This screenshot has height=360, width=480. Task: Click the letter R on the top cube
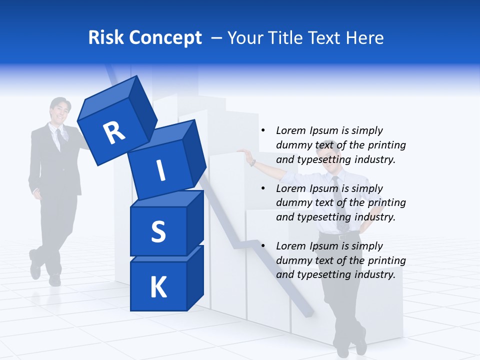click(114, 133)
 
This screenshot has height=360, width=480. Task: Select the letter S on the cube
click(158, 231)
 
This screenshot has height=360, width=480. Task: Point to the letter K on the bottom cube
click(158, 287)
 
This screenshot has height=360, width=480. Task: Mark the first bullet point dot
click(263, 130)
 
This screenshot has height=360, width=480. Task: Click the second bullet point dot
click(263, 188)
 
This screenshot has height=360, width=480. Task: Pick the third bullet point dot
click(263, 246)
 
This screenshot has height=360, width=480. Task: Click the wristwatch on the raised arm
click(253, 162)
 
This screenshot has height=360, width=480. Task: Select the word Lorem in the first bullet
click(290, 130)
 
